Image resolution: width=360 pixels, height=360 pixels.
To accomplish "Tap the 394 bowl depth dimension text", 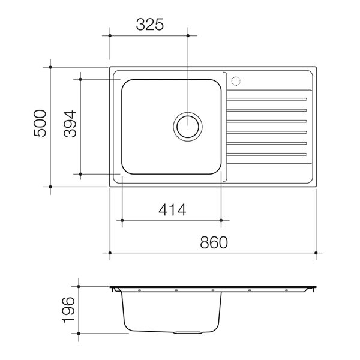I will click(x=70, y=125).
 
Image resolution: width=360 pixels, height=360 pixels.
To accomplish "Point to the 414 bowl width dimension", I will click(x=172, y=210).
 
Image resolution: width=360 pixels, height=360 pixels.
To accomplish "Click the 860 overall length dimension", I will click(x=214, y=242).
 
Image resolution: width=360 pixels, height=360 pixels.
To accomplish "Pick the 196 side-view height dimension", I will click(x=70, y=310).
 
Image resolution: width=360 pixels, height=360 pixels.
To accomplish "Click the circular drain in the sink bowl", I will click(x=188, y=127).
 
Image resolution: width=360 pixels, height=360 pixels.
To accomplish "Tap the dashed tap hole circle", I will click(x=236, y=80).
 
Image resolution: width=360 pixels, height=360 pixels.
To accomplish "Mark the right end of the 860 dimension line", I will click(x=316, y=253).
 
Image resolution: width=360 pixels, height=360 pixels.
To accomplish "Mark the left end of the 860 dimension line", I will click(x=110, y=253).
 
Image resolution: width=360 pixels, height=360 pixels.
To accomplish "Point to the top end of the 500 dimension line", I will click(x=50, y=67).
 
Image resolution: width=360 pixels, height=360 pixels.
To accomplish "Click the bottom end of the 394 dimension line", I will click(x=80, y=174).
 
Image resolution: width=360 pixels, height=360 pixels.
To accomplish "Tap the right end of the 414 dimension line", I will click(x=221, y=220).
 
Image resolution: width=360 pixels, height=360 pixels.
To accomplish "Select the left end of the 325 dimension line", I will click(x=110, y=35).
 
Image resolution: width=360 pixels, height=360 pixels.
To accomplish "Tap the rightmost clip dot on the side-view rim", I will click(x=287, y=290).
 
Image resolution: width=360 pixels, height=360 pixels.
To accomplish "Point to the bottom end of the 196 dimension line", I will click(x=80, y=332).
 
